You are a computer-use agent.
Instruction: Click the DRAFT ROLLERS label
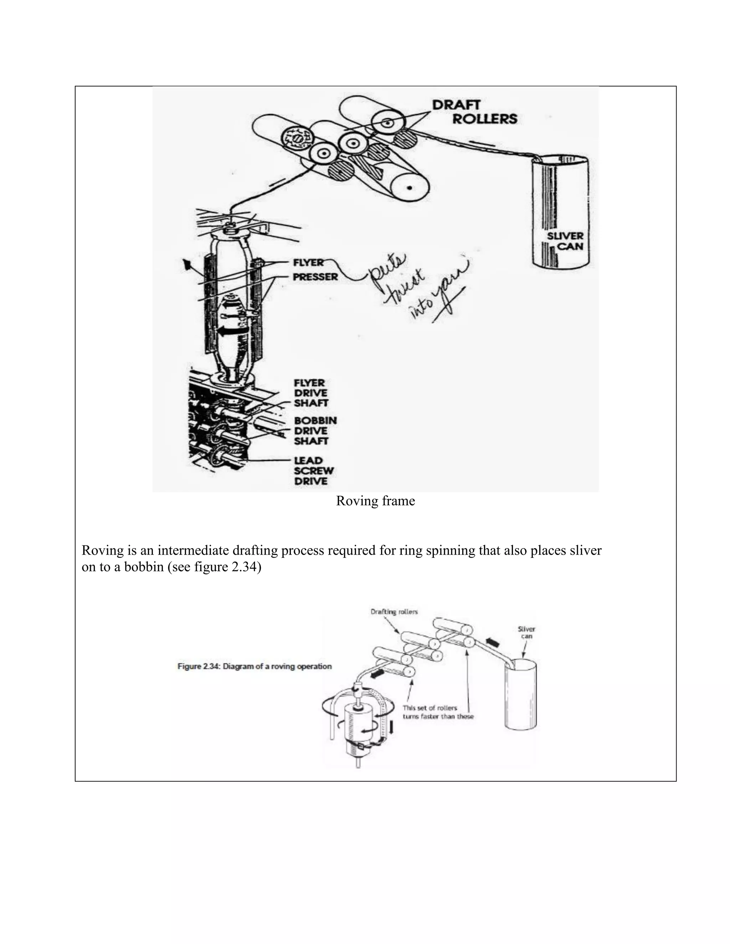click(474, 112)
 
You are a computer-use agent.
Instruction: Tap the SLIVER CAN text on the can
click(565, 242)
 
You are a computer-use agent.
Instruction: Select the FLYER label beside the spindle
click(308, 263)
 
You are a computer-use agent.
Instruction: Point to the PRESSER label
click(315, 277)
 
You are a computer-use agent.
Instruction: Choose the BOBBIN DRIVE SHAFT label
click(315, 431)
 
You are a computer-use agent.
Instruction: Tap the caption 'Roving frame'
click(375, 501)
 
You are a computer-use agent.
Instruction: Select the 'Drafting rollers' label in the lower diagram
click(394, 612)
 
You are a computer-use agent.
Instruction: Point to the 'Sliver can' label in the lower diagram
click(526, 632)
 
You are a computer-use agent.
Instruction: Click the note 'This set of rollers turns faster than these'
click(438, 712)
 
